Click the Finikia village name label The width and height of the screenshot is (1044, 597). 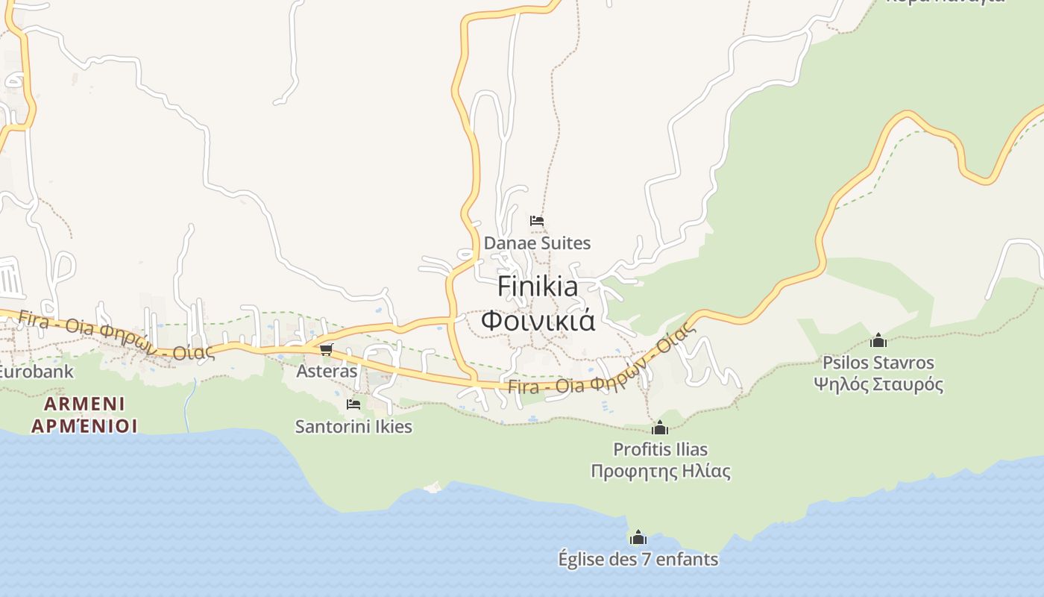click(537, 286)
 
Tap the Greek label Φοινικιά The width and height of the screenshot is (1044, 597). click(537, 321)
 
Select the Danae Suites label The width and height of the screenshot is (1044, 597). click(537, 243)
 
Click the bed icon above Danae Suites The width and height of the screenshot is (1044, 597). click(536, 221)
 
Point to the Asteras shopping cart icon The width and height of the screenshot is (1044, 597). click(326, 349)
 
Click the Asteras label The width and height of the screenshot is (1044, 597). click(327, 371)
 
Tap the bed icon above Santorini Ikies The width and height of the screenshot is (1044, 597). click(353, 404)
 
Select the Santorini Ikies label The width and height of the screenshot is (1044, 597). click(353, 427)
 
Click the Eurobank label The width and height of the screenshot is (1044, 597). click(36, 371)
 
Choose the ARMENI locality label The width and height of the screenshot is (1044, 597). click(84, 404)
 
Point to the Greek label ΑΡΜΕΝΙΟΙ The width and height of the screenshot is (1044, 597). click(84, 426)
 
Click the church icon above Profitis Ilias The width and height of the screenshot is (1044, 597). click(660, 428)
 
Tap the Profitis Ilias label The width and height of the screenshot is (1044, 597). click(660, 449)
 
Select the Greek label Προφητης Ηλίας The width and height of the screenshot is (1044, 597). click(660, 472)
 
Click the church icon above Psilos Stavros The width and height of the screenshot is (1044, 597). click(878, 341)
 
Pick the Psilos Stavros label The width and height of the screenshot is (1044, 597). click(878, 363)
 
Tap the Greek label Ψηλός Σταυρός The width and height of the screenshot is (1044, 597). click(878, 385)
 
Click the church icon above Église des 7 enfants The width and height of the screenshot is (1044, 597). click(638, 537)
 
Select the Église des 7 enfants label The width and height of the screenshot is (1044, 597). click(638, 559)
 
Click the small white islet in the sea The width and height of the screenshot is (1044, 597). click(433, 488)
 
